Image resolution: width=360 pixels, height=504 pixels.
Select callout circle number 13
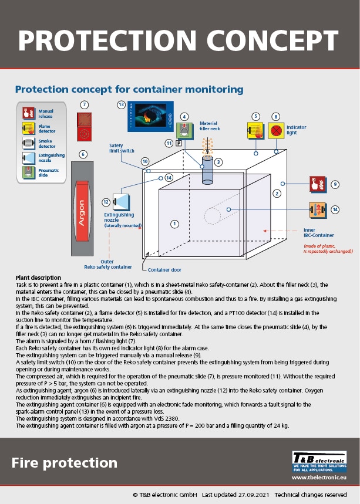(x=122, y=104)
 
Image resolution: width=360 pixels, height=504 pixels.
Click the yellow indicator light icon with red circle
(x=276, y=130)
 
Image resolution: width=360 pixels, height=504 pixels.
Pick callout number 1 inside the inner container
(x=174, y=224)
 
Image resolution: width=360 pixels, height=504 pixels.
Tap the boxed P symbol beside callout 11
(x=177, y=143)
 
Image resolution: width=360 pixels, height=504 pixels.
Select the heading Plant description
(x=38, y=278)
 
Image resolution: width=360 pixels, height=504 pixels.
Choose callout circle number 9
(x=335, y=184)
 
